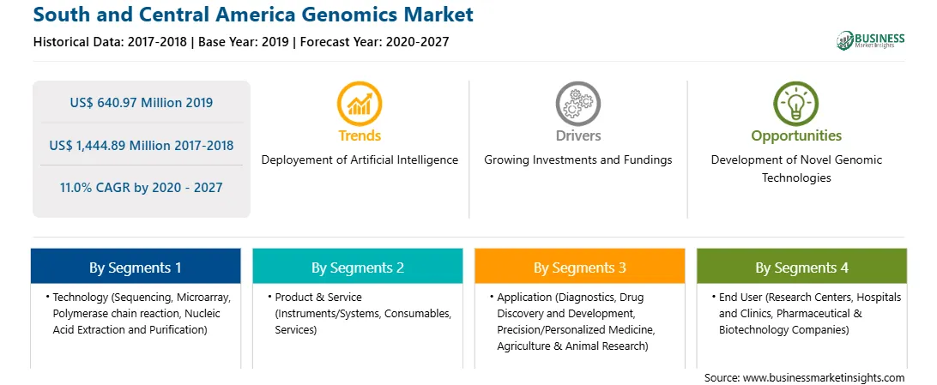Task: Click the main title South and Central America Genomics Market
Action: (253, 15)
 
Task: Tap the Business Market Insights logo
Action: (871, 40)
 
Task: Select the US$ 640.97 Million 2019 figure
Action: (141, 103)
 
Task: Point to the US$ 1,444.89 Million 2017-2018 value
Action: (141, 145)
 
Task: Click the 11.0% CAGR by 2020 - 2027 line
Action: (141, 188)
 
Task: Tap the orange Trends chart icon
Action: (360, 103)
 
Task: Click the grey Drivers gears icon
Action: (577, 103)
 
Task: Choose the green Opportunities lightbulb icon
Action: (796, 103)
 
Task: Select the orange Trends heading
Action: (360, 135)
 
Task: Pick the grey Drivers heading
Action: (577, 135)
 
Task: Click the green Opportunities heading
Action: (796, 136)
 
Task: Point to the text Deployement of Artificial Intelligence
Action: (360, 160)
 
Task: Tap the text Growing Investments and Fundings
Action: (577, 160)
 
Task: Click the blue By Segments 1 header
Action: (135, 266)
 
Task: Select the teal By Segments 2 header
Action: (357, 266)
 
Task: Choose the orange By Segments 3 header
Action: (580, 266)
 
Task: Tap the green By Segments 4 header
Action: (802, 266)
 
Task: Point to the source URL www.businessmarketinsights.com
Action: (824, 377)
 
